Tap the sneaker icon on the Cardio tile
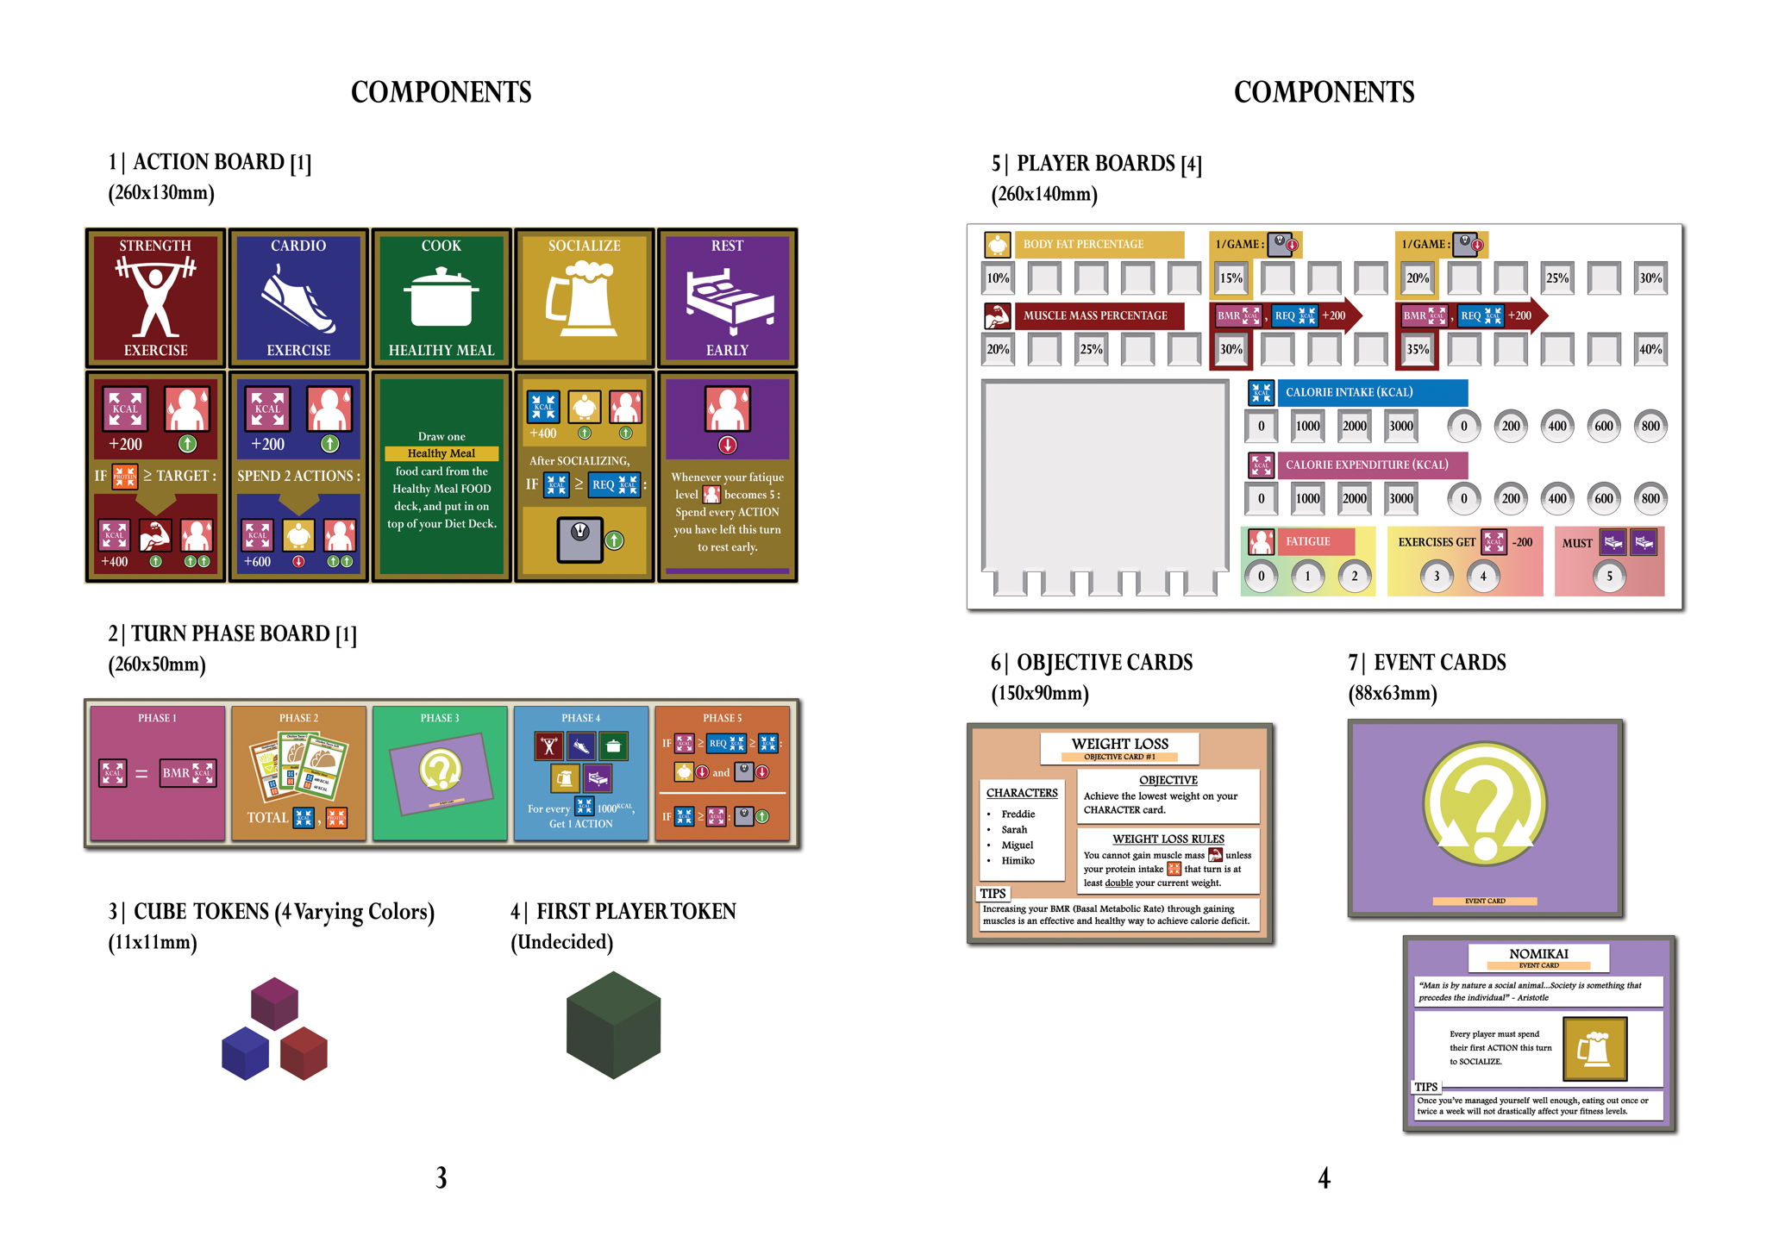(x=298, y=299)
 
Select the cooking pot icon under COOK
(x=441, y=297)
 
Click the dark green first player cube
(x=613, y=1025)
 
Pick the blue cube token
(x=246, y=1053)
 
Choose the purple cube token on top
(x=274, y=1003)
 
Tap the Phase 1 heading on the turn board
(x=157, y=718)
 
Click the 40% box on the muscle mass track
(x=1650, y=349)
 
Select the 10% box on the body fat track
(x=998, y=278)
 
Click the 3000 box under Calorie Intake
(x=1400, y=426)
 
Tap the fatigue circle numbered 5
(x=1608, y=577)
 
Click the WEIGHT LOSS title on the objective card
(x=1119, y=744)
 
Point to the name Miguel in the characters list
(x=1018, y=845)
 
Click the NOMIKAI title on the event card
(x=1538, y=953)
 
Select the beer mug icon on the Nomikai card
(x=1594, y=1048)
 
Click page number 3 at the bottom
(x=441, y=1177)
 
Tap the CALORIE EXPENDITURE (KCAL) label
(x=1367, y=465)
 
